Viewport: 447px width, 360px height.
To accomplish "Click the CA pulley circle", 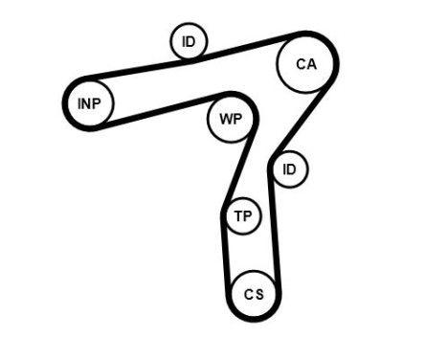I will [304, 65].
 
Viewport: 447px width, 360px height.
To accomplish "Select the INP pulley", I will [89, 103].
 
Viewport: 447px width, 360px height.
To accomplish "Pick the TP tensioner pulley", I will [243, 217].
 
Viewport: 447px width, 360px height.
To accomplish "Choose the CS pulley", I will [254, 294].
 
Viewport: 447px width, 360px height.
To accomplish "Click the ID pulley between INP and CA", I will [189, 41].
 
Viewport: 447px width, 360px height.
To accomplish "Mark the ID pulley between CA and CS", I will [290, 170].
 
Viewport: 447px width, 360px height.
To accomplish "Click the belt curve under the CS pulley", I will [255, 319].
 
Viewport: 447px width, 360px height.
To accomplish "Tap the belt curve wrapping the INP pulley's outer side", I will [65, 103].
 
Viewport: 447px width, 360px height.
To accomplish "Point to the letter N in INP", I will [88, 103].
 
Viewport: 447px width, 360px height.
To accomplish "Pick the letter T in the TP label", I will [238, 217].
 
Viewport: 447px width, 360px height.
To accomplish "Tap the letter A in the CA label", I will [310, 65].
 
